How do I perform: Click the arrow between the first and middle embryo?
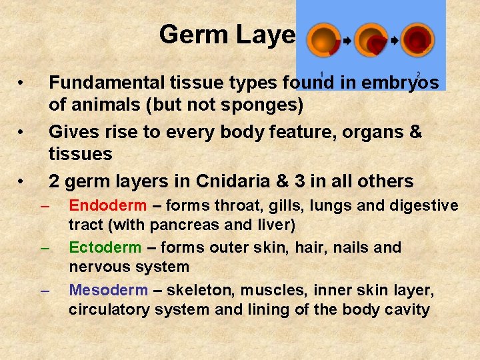[347, 41]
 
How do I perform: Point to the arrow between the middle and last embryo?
[394, 41]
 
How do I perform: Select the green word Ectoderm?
[105, 248]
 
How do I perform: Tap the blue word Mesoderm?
[108, 290]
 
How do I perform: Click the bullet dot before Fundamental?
[21, 84]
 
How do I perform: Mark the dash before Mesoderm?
[45, 291]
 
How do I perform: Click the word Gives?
[71, 132]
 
